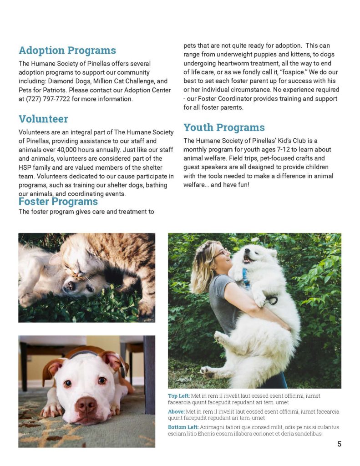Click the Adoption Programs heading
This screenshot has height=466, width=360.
67,51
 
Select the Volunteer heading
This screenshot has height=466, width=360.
43,119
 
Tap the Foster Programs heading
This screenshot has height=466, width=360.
58,202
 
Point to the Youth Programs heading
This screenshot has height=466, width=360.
224,127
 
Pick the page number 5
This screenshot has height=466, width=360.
339,444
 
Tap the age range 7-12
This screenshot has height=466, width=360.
284,149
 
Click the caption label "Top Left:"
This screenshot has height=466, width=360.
179,396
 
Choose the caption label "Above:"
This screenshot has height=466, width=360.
176,411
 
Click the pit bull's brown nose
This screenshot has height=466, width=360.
86,404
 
